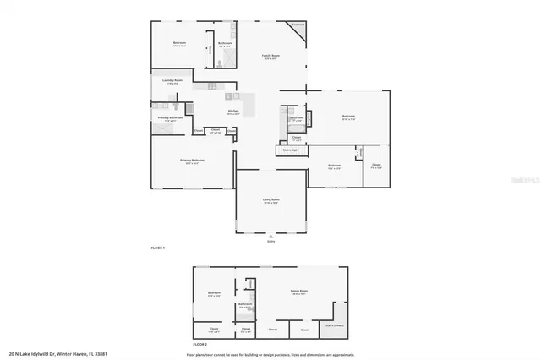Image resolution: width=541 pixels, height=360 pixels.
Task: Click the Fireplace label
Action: coord(298,25)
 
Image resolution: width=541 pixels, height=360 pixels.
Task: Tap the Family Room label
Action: coord(270,56)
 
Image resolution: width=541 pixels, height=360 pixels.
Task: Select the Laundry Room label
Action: coord(172,81)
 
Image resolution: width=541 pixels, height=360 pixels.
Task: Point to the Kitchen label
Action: coord(233,112)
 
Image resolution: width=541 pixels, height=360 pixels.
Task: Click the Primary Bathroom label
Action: coord(170,118)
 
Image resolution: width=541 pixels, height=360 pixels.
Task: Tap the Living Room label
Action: coord(270,199)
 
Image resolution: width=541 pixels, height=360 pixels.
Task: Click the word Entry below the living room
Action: coord(270,241)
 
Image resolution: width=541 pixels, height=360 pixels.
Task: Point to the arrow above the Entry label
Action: coord(270,236)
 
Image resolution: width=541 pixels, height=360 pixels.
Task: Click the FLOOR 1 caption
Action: coord(157,248)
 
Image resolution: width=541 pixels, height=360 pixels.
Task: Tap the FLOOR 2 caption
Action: coord(199,345)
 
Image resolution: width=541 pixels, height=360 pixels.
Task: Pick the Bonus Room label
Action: coord(298,291)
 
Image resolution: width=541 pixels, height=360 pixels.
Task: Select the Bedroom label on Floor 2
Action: coord(214,294)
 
